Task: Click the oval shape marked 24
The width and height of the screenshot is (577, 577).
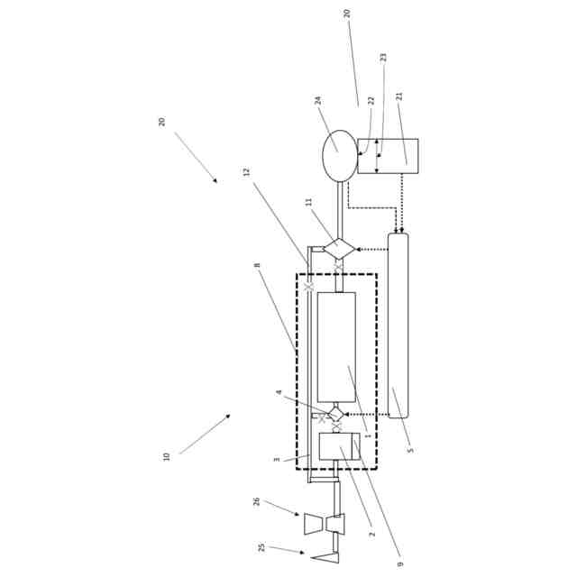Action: tap(340, 156)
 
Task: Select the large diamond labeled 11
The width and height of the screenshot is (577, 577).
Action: tap(339, 249)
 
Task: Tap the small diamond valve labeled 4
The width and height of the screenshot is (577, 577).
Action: tap(335, 415)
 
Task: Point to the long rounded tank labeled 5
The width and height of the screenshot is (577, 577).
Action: tap(398, 325)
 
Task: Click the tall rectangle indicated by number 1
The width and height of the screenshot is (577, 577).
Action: tap(336, 347)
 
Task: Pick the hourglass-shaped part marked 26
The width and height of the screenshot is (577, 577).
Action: tap(325, 524)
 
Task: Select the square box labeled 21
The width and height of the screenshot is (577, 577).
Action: tap(388, 156)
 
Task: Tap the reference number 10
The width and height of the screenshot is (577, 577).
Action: tap(166, 457)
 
